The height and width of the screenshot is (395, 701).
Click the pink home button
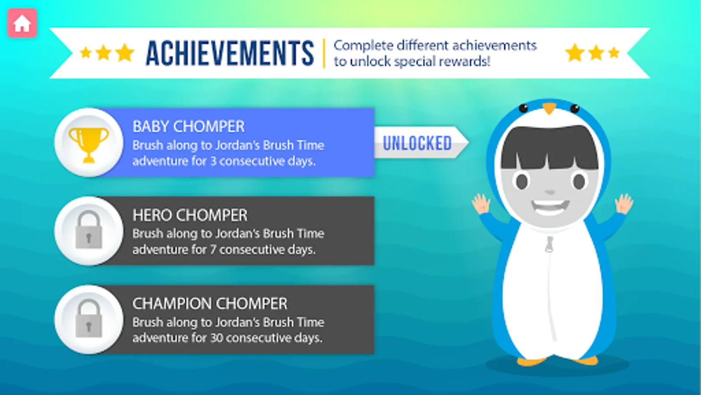click(22, 23)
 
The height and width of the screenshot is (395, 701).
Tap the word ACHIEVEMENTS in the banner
click(230, 53)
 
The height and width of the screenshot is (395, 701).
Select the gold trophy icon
click(89, 145)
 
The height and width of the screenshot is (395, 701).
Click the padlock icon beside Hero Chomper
click(89, 230)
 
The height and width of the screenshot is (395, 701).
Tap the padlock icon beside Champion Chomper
click(89, 319)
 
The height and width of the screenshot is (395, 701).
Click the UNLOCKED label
click(417, 143)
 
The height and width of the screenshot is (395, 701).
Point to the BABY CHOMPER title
click(188, 127)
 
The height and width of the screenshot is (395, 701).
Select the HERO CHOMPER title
click(190, 215)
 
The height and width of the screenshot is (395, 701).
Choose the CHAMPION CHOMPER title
click(210, 304)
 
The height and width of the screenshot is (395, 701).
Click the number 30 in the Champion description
click(216, 338)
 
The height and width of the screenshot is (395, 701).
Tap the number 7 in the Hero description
click(213, 250)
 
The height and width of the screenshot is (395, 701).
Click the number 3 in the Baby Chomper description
click(213, 162)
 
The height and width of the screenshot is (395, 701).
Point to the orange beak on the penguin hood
click(549, 108)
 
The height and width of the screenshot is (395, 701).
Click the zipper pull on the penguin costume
click(549, 244)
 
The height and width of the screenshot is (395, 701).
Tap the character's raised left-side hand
click(481, 204)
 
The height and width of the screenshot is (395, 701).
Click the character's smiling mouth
click(550, 207)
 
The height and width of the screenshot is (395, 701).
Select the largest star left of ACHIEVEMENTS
click(125, 52)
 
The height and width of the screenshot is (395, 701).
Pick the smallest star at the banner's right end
click(614, 52)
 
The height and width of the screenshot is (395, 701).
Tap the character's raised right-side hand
click(624, 204)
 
